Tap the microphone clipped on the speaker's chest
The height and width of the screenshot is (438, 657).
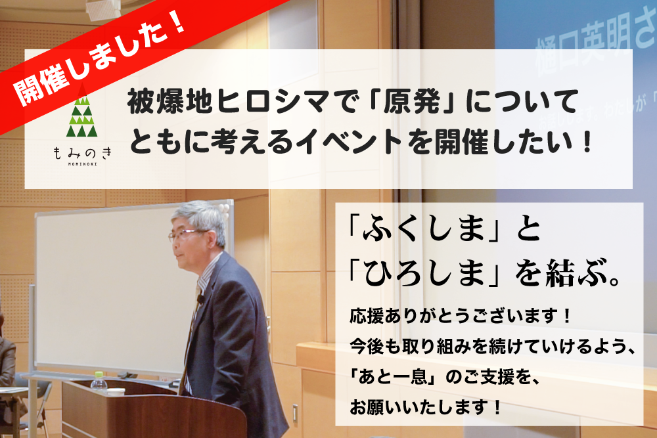pyautogui.click(x=200, y=299)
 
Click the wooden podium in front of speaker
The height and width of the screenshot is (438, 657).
pyautogui.click(x=125, y=410)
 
